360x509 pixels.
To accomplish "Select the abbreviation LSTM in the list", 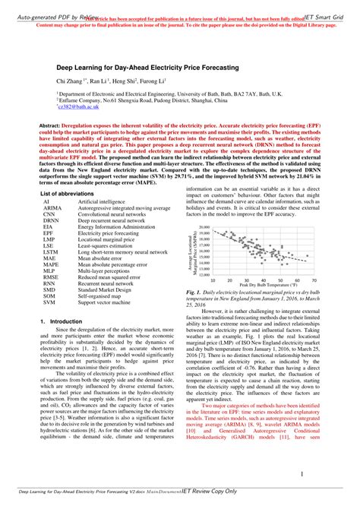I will coord(52,250).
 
